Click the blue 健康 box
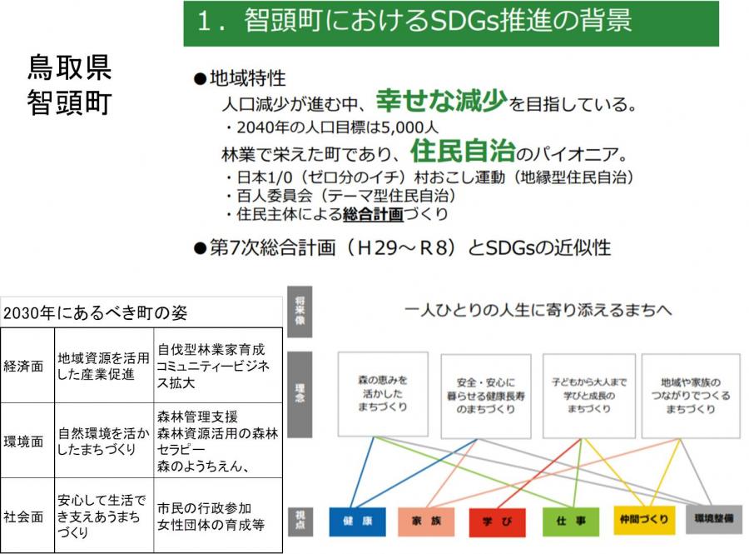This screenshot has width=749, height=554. tap(357, 521)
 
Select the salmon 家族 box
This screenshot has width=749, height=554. tap(426, 521)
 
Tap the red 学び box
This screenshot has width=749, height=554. tap(498, 522)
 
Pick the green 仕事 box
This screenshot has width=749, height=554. tap(571, 521)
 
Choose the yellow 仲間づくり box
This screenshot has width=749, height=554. tap(644, 520)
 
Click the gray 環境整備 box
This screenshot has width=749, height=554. tap(714, 519)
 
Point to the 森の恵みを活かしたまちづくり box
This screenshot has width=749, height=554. tap(383, 394)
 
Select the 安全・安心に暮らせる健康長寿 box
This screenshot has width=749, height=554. tap(486, 396)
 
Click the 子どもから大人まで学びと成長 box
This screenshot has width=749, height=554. tap(589, 396)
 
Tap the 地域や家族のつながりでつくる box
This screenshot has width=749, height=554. tap(691, 396)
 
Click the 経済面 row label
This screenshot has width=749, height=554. tap(23, 367)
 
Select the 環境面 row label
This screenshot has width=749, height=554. tap(23, 442)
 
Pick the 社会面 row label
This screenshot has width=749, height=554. tap(23, 517)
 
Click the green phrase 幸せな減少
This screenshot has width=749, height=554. tap(441, 100)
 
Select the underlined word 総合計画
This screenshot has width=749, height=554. tap(373, 214)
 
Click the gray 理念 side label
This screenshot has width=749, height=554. tap(300, 394)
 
